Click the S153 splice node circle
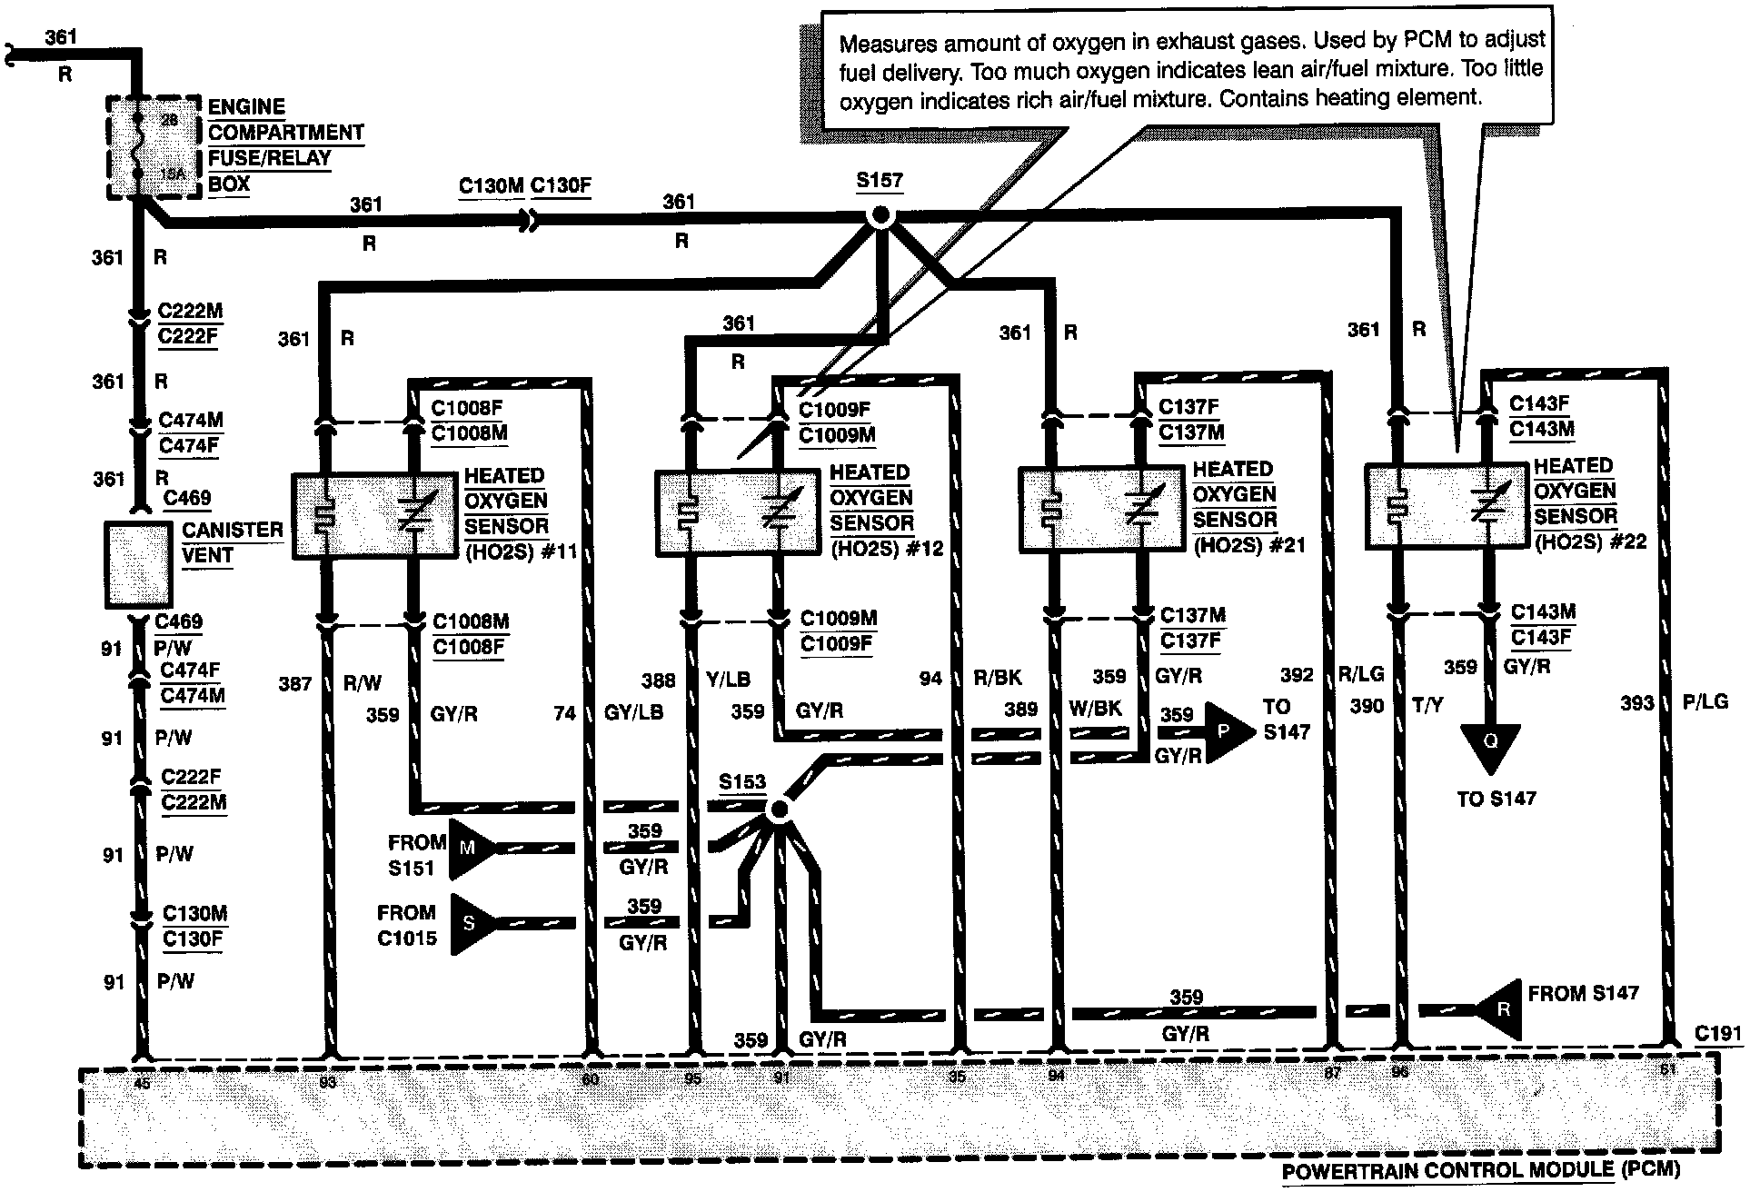(x=778, y=810)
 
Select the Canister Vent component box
(x=138, y=564)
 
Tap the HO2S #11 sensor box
(x=374, y=514)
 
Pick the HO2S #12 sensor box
(x=737, y=512)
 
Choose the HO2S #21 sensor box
(x=1100, y=509)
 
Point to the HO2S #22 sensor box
(x=1447, y=505)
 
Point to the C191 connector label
(x=1718, y=1033)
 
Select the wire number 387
(x=295, y=683)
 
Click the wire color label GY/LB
(x=634, y=713)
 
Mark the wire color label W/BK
(x=1096, y=708)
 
